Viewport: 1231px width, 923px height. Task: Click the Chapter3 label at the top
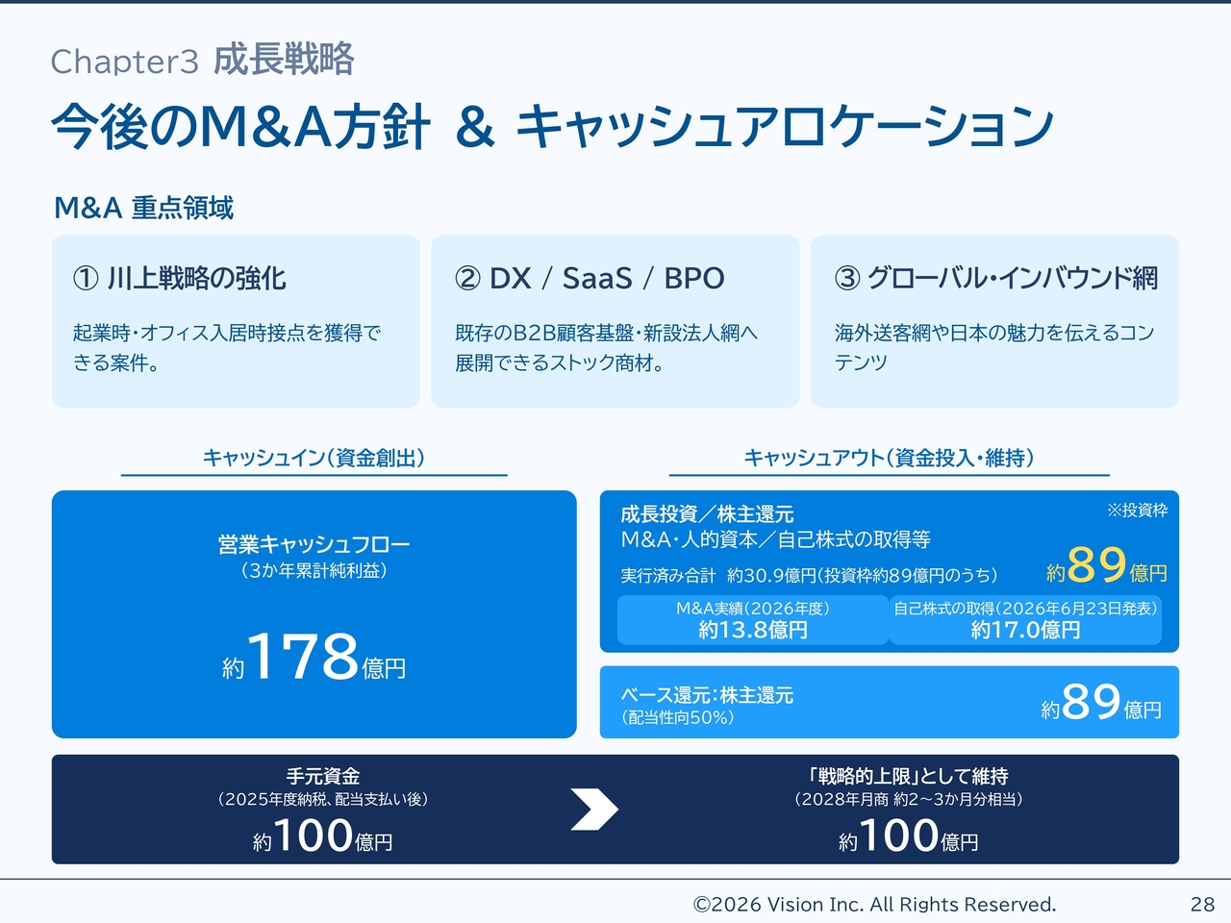point(124,62)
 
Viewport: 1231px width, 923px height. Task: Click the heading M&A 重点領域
point(143,208)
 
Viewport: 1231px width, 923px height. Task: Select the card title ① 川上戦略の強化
point(180,278)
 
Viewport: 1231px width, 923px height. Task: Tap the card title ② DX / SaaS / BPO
point(590,278)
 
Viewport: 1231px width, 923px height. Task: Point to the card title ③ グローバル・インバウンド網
point(996,278)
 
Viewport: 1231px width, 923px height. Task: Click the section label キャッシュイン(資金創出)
point(314,458)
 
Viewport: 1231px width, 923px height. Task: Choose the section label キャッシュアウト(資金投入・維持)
point(889,458)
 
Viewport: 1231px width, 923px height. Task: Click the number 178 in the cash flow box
point(303,655)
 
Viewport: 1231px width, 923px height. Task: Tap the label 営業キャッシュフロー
point(314,544)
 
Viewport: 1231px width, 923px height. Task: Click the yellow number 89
point(1096,565)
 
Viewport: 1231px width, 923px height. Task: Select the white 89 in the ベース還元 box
point(1091,702)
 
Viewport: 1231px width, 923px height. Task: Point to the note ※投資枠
point(1138,511)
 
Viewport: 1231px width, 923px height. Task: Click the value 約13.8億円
point(753,630)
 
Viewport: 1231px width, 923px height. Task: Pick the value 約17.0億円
point(1025,630)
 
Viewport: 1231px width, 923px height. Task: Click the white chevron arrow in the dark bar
point(594,810)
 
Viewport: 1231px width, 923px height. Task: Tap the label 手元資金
point(323,776)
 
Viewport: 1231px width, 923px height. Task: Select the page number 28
point(1202,904)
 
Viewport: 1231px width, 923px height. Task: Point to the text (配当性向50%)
point(677,717)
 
